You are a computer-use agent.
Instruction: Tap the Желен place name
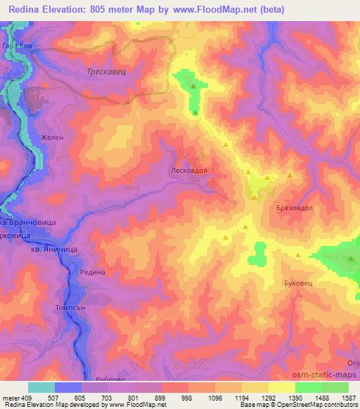[x=52, y=138]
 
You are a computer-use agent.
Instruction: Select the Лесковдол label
[x=189, y=169]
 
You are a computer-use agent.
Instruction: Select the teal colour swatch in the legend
[x=41, y=387]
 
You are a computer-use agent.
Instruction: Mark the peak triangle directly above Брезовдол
[x=289, y=176]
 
